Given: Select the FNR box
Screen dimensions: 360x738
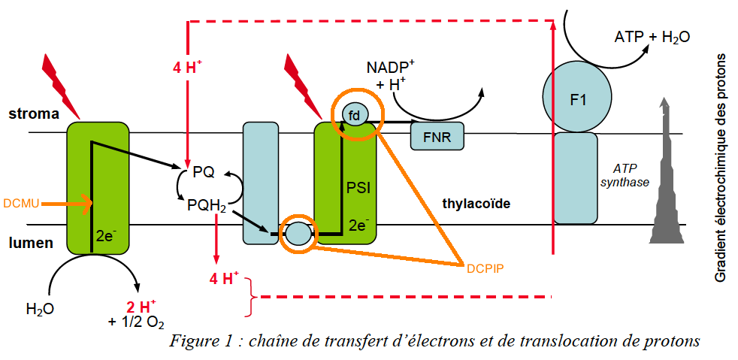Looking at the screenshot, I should (x=437, y=138).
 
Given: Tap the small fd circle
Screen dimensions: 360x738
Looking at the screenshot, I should (x=355, y=113).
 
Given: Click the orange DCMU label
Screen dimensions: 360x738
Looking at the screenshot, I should (x=21, y=203).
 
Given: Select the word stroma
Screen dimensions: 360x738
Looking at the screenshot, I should (x=34, y=114).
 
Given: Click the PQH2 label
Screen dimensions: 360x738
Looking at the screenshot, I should (x=207, y=202).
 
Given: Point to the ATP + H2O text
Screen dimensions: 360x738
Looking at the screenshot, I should (x=652, y=36).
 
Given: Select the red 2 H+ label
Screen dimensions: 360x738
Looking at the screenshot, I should (x=141, y=307).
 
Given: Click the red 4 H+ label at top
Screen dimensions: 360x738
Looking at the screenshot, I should (x=187, y=67).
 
